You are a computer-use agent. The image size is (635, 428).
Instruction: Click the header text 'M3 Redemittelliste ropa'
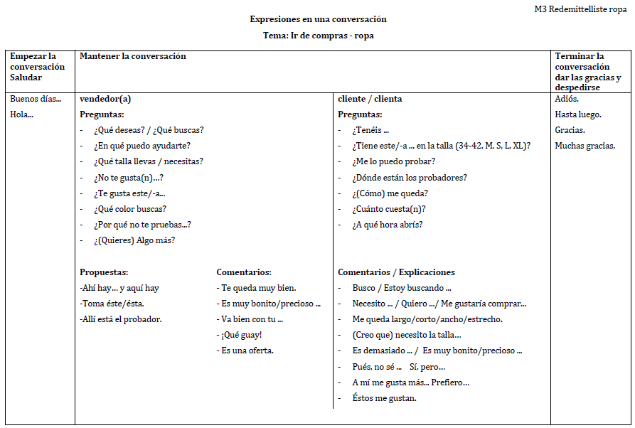point(580,9)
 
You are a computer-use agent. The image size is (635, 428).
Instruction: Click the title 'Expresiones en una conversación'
point(318,19)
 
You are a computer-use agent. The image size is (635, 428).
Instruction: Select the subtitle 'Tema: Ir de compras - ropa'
point(318,36)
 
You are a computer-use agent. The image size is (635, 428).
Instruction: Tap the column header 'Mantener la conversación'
point(133,56)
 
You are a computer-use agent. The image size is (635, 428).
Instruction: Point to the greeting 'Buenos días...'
point(36,99)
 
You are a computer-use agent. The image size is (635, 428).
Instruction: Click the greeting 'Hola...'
point(21,114)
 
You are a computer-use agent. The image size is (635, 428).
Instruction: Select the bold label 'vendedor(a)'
point(105,99)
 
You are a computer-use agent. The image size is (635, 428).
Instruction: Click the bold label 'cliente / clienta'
point(370,99)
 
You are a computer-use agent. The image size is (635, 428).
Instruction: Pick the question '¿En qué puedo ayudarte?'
point(142,146)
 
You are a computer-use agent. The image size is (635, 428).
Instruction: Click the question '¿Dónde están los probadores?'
point(410,178)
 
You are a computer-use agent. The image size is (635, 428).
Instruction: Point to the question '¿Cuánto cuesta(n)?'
point(389,209)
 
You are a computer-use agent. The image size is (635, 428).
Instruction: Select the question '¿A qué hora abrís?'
point(388,225)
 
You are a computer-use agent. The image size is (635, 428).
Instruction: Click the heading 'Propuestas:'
point(104,272)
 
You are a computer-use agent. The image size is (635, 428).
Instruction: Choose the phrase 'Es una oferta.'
point(247,351)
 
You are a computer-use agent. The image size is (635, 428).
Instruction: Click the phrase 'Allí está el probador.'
point(121,319)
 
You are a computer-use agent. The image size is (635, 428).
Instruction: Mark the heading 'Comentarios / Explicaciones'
point(396,272)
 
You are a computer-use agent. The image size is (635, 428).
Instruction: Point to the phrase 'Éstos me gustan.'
point(384,398)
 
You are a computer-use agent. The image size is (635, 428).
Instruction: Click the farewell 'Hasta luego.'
point(577,114)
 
